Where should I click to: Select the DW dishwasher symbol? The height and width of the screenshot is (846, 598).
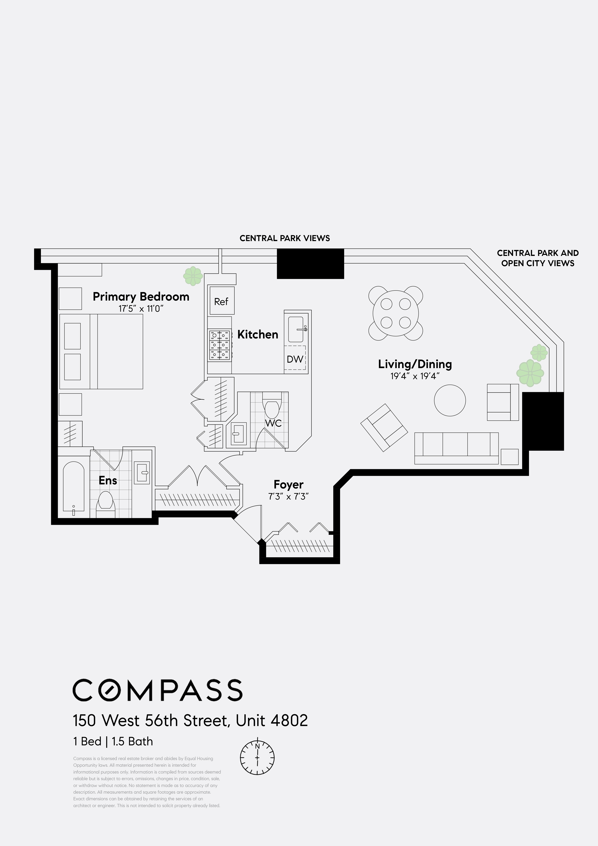coord(295,359)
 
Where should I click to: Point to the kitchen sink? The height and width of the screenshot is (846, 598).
coord(296,329)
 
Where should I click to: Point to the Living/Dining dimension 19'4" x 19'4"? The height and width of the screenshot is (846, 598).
coord(415,376)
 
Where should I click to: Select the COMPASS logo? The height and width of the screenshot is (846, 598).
coord(157,690)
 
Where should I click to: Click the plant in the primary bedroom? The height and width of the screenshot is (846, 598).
coord(193,276)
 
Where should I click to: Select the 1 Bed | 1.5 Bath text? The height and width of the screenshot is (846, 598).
coord(113,741)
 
